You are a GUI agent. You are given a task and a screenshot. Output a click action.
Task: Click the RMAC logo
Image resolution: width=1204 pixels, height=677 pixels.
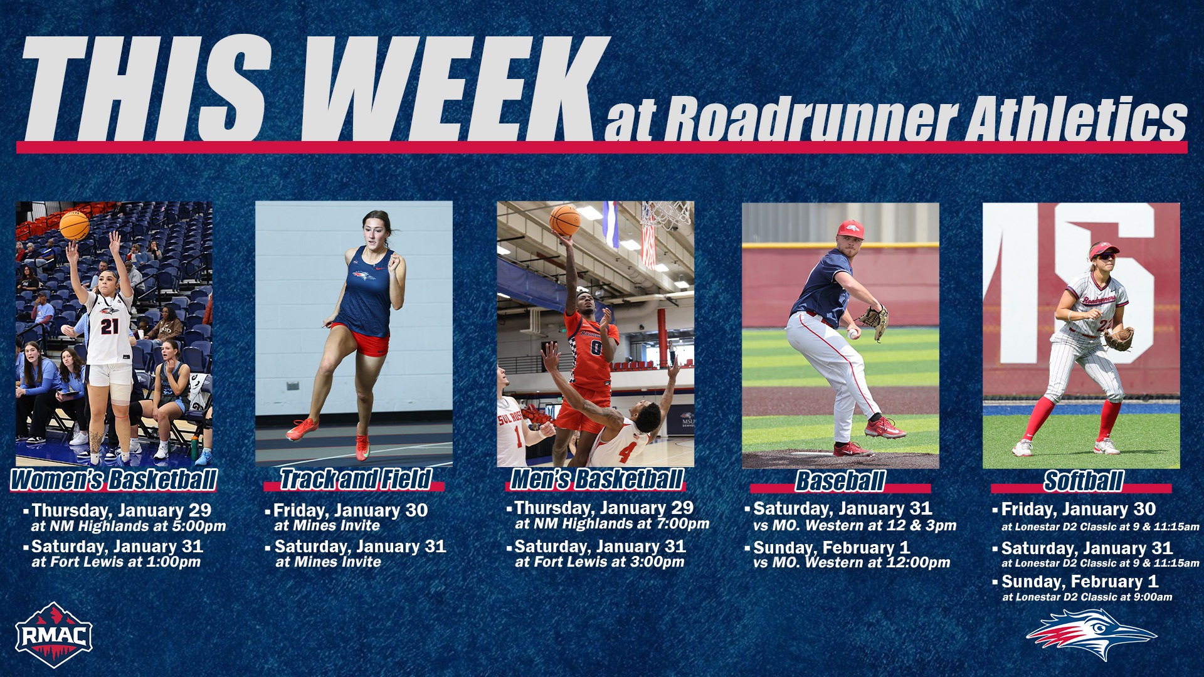(54, 635)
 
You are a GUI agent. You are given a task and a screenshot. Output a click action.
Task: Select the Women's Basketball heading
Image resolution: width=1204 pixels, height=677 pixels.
(114, 480)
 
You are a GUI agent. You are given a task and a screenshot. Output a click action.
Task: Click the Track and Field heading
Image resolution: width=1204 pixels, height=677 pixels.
(355, 480)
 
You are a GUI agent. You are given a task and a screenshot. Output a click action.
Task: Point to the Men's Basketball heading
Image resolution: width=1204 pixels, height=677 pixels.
(596, 480)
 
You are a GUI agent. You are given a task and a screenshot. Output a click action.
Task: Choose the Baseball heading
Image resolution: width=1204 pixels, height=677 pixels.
(840, 481)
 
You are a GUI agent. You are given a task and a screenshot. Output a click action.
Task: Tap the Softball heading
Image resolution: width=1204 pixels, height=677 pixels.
(1083, 481)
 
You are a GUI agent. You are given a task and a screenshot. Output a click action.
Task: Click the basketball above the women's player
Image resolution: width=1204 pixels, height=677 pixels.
(75, 226)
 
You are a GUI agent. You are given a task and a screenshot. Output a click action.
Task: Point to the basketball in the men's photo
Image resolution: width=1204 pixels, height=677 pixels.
(564, 220)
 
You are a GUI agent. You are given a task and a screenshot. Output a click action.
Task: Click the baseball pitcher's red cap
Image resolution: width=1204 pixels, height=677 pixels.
(851, 229)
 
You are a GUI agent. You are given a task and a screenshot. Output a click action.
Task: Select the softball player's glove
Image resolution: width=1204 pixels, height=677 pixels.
(1118, 339)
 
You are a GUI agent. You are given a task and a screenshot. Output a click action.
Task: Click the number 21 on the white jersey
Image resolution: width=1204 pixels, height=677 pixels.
(109, 326)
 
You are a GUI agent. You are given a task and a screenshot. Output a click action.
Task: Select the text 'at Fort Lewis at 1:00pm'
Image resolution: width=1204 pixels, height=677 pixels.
(116, 562)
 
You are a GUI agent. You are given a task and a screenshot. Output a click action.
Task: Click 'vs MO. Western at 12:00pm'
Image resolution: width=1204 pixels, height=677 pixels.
(852, 563)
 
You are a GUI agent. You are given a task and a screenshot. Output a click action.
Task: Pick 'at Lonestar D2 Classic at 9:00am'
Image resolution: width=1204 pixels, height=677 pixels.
(1087, 597)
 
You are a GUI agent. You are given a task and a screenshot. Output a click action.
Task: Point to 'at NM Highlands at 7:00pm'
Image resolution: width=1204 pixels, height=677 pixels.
(611, 524)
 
